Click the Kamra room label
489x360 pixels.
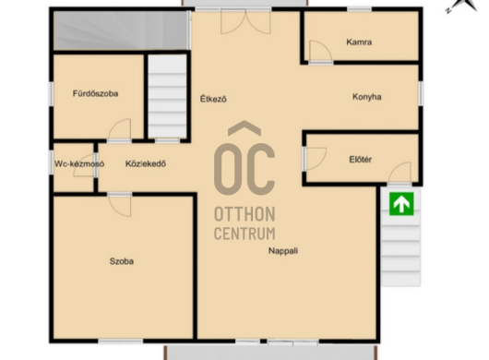[359, 42]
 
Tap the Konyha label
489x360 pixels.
[367, 97]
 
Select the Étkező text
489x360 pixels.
[213, 99]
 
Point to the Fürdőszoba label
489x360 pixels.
[95, 93]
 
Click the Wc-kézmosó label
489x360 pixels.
[79, 163]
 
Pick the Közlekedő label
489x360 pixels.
[146, 163]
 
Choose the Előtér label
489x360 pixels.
[360, 160]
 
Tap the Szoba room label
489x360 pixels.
[122, 261]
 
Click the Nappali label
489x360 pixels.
[283, 251]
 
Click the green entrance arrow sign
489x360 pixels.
[401, 204]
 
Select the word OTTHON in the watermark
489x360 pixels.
[244, 214]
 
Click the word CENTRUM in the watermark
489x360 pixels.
[244, 234]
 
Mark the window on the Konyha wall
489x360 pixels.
[421, 93]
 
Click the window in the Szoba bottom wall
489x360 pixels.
[121, 342]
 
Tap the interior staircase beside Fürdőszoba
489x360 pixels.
[167, 96]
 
